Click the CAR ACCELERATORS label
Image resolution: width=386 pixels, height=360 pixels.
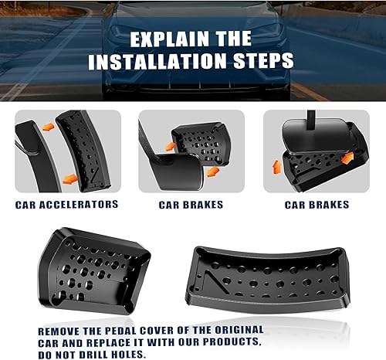click(x=66, y=205)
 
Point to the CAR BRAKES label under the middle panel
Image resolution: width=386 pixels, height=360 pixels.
click(x=191, y=205)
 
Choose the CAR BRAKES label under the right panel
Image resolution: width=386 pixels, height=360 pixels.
click(x=317, y=205)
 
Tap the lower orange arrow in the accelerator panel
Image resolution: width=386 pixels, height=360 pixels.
click(x=69, y=178)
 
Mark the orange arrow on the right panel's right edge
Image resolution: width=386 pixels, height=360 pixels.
click(x=347, y=158)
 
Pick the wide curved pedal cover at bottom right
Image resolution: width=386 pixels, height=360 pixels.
click(x=266, y=274)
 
